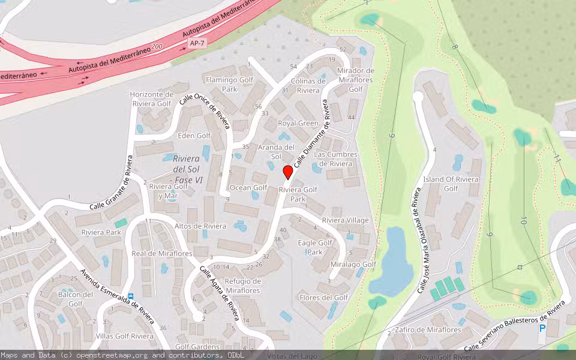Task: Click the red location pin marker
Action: [288, 172]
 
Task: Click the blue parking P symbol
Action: [542, 328]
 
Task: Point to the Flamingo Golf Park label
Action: [230, 84]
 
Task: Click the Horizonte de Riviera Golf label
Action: [152, 98]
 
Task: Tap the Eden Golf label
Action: [194, 136]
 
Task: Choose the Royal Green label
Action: [298, 123]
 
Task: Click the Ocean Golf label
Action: [248, 188]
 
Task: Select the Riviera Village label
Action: [345, 220]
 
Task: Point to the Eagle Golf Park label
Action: [316, 247]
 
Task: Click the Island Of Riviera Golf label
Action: [451, 184]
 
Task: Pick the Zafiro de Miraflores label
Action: [432, 329]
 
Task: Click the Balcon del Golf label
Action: [75, 299]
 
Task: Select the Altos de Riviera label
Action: [200, 226]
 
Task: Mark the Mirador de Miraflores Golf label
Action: [356, 80]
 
